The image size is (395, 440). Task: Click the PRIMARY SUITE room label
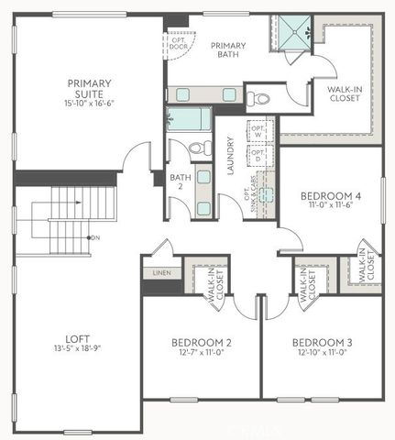pos(89,88)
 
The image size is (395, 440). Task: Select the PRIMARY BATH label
pos(227,50)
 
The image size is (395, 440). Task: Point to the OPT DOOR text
pos(177,43)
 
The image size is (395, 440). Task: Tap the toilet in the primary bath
pos(259,97)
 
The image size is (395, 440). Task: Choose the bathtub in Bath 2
pos(188,120)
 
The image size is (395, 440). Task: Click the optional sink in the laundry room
pos(266,194)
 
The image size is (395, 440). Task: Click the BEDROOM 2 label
pos(202,343)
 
